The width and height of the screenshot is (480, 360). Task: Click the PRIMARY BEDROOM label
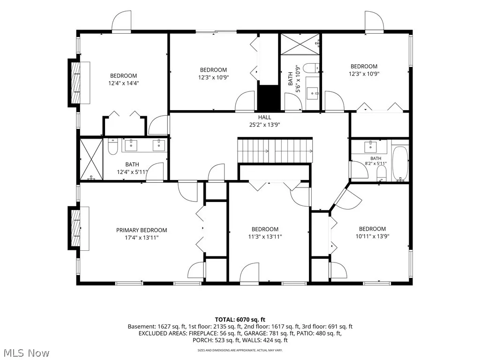tap(142, 230)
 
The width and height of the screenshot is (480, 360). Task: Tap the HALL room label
tap(264, 117)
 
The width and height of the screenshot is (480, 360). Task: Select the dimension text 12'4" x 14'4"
tap(124, 83)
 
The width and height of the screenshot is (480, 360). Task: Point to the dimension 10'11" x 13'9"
tap(372, 236)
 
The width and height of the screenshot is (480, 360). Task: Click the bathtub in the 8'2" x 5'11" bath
tap(400, 164)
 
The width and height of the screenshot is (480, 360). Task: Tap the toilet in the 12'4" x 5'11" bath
tap(113, 147)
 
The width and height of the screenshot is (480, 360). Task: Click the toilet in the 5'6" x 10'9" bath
tap(311, 67)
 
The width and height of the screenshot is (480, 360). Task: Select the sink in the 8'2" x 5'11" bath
tap(370, 146)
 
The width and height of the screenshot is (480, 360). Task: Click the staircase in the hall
tap(275, 150)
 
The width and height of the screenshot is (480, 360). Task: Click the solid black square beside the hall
tap(269, 97)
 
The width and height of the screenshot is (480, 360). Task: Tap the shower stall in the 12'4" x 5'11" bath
tap(91, 159)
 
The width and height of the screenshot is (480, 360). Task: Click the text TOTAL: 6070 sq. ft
tap(240, 320)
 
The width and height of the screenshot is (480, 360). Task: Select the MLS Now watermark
tap(24, 352)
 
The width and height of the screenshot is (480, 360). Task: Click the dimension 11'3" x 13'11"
tap(265, 236)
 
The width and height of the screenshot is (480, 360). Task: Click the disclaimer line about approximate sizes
tap(240, 350)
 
